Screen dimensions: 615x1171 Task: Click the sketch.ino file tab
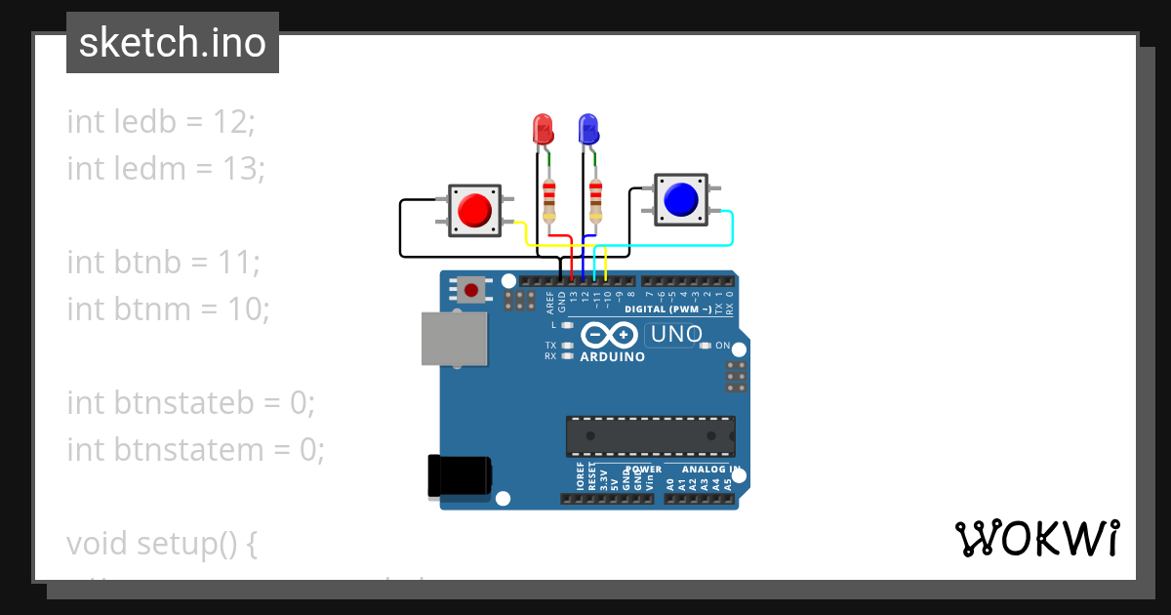pos(173,43)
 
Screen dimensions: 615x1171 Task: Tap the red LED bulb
pos(542,130)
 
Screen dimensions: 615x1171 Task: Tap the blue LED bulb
pos(588,130)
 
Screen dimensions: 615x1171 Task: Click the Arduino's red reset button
pos(472,290)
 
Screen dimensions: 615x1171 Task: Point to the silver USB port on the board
pos(454,339)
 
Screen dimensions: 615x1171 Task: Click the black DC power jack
pos(460,476)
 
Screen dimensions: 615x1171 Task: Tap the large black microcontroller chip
pos(651,436)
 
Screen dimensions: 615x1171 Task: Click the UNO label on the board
pos(676,335)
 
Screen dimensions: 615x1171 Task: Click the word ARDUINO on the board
pos(613,357)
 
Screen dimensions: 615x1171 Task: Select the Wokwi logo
pos(1036,539)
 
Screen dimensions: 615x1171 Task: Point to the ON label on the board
pos(723,346)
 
